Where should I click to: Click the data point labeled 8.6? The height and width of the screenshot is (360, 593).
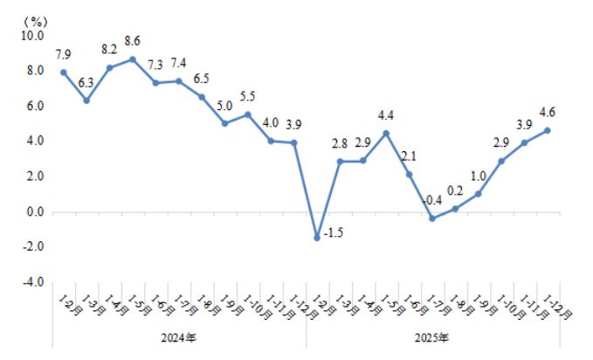click(132, 59)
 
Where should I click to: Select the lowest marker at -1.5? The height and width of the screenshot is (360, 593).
click(317, 238)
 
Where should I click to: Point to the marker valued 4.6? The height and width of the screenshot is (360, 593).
click(548, 130)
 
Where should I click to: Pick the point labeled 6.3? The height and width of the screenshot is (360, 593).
click(86, 100)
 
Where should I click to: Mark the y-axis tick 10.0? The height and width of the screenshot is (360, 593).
click(32, 36)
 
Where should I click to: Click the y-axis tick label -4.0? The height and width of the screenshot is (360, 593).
click(32, 282)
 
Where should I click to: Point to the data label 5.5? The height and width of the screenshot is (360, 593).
click(247, 96)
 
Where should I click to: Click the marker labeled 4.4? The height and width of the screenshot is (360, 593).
click(386, 134)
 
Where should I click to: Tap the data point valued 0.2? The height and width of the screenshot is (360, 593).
click(455, 208)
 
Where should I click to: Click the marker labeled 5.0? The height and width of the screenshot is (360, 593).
click(224, 123)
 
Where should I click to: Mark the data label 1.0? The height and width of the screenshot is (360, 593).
click(479, 176)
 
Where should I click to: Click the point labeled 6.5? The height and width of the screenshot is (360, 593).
click(201, 97)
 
